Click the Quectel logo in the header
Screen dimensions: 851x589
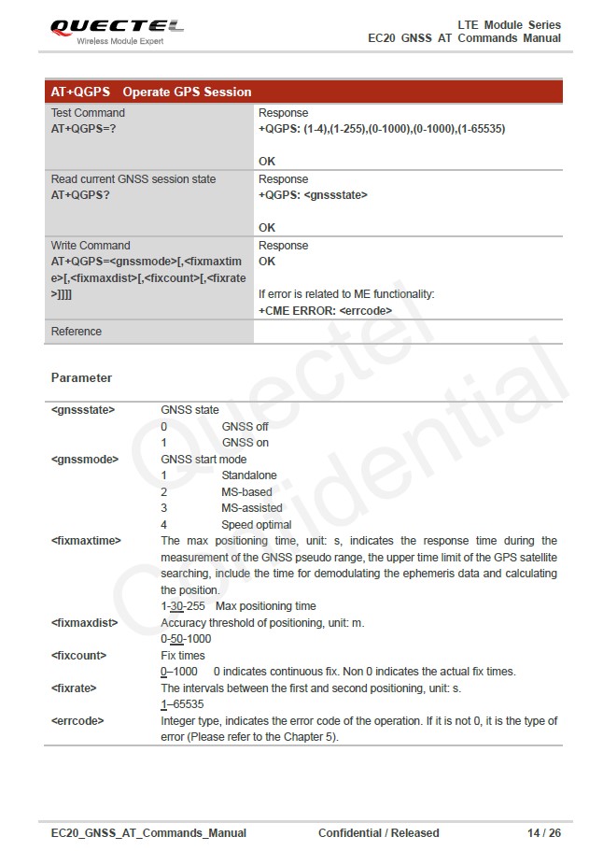(x=117, y=29)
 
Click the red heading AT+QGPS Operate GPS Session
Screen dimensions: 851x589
(x=151, y=92)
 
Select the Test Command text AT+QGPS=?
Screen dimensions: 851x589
(x=83, y=129)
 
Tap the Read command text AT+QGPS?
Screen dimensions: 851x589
(x=80, y=195)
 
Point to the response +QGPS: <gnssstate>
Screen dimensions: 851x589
(x=313, y=195)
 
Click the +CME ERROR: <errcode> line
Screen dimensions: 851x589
(x=325, y=310)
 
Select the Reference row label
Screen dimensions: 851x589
(x=77, y=332)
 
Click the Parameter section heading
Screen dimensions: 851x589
(x=81, y=378)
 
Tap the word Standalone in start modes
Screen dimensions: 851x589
(x=248, y=475)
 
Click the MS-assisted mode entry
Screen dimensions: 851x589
(x=251, y=508)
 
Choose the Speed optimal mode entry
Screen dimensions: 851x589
(x=256, y=525)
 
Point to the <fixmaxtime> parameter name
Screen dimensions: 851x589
(x=86, y=541)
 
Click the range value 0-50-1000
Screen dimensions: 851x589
(x=186, y=639)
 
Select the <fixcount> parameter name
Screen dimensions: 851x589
(x=78, y=656)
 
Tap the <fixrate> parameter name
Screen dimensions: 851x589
(x=74, y=688)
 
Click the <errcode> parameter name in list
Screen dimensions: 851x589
(x=77, y=721)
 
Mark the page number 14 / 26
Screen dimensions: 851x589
(x=544, y=832)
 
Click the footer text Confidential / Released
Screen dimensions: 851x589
(x=378, y=832)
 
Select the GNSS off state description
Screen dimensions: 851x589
(x=245, y=426)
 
